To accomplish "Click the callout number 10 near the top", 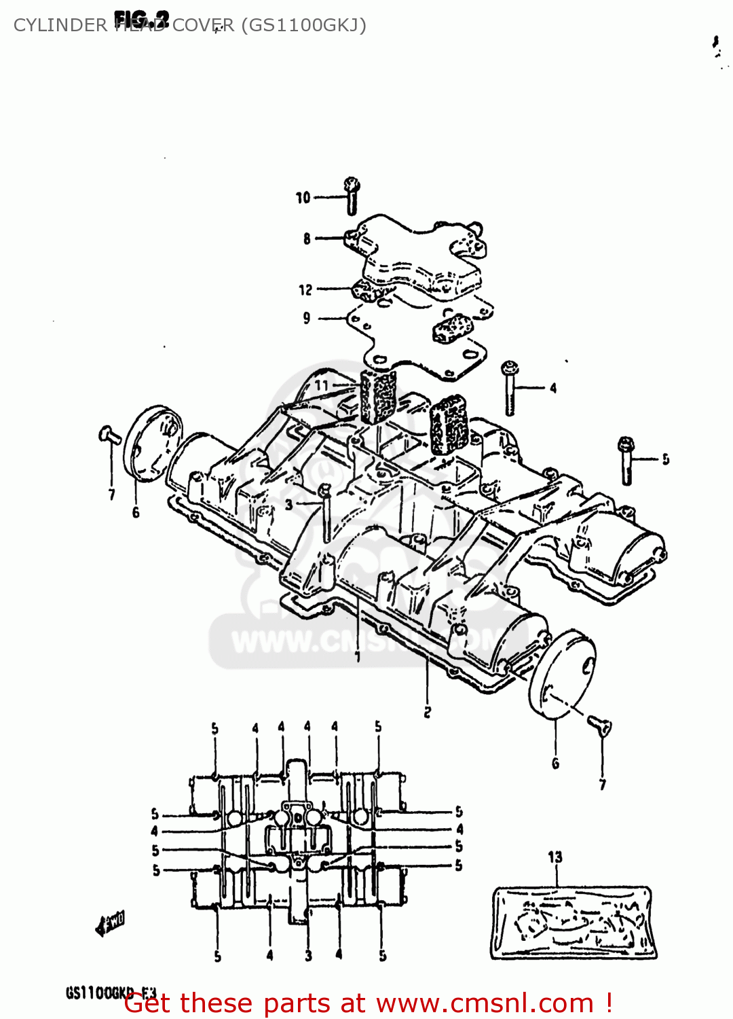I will coord(303,198).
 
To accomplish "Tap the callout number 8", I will coord(307,238).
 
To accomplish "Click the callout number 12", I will coord(305,290).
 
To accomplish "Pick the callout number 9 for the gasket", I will coord(307,318).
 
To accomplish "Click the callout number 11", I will coord(322,385).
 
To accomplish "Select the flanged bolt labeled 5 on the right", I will coord(626,461).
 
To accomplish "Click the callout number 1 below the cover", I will coord(357,656).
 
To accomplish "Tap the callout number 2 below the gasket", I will coord(427,712).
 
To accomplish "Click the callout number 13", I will coord(555,857).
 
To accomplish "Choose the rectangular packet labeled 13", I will coord(574,923).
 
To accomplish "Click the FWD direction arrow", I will coord(111,923).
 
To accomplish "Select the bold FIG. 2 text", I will coord(141,18).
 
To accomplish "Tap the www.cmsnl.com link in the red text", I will coord(485,1003).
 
